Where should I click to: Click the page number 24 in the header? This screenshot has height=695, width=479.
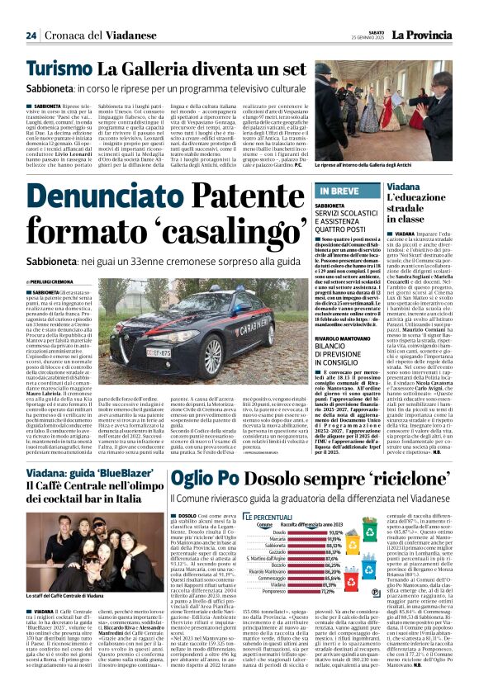pyautogui.click(x=31, y=35)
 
